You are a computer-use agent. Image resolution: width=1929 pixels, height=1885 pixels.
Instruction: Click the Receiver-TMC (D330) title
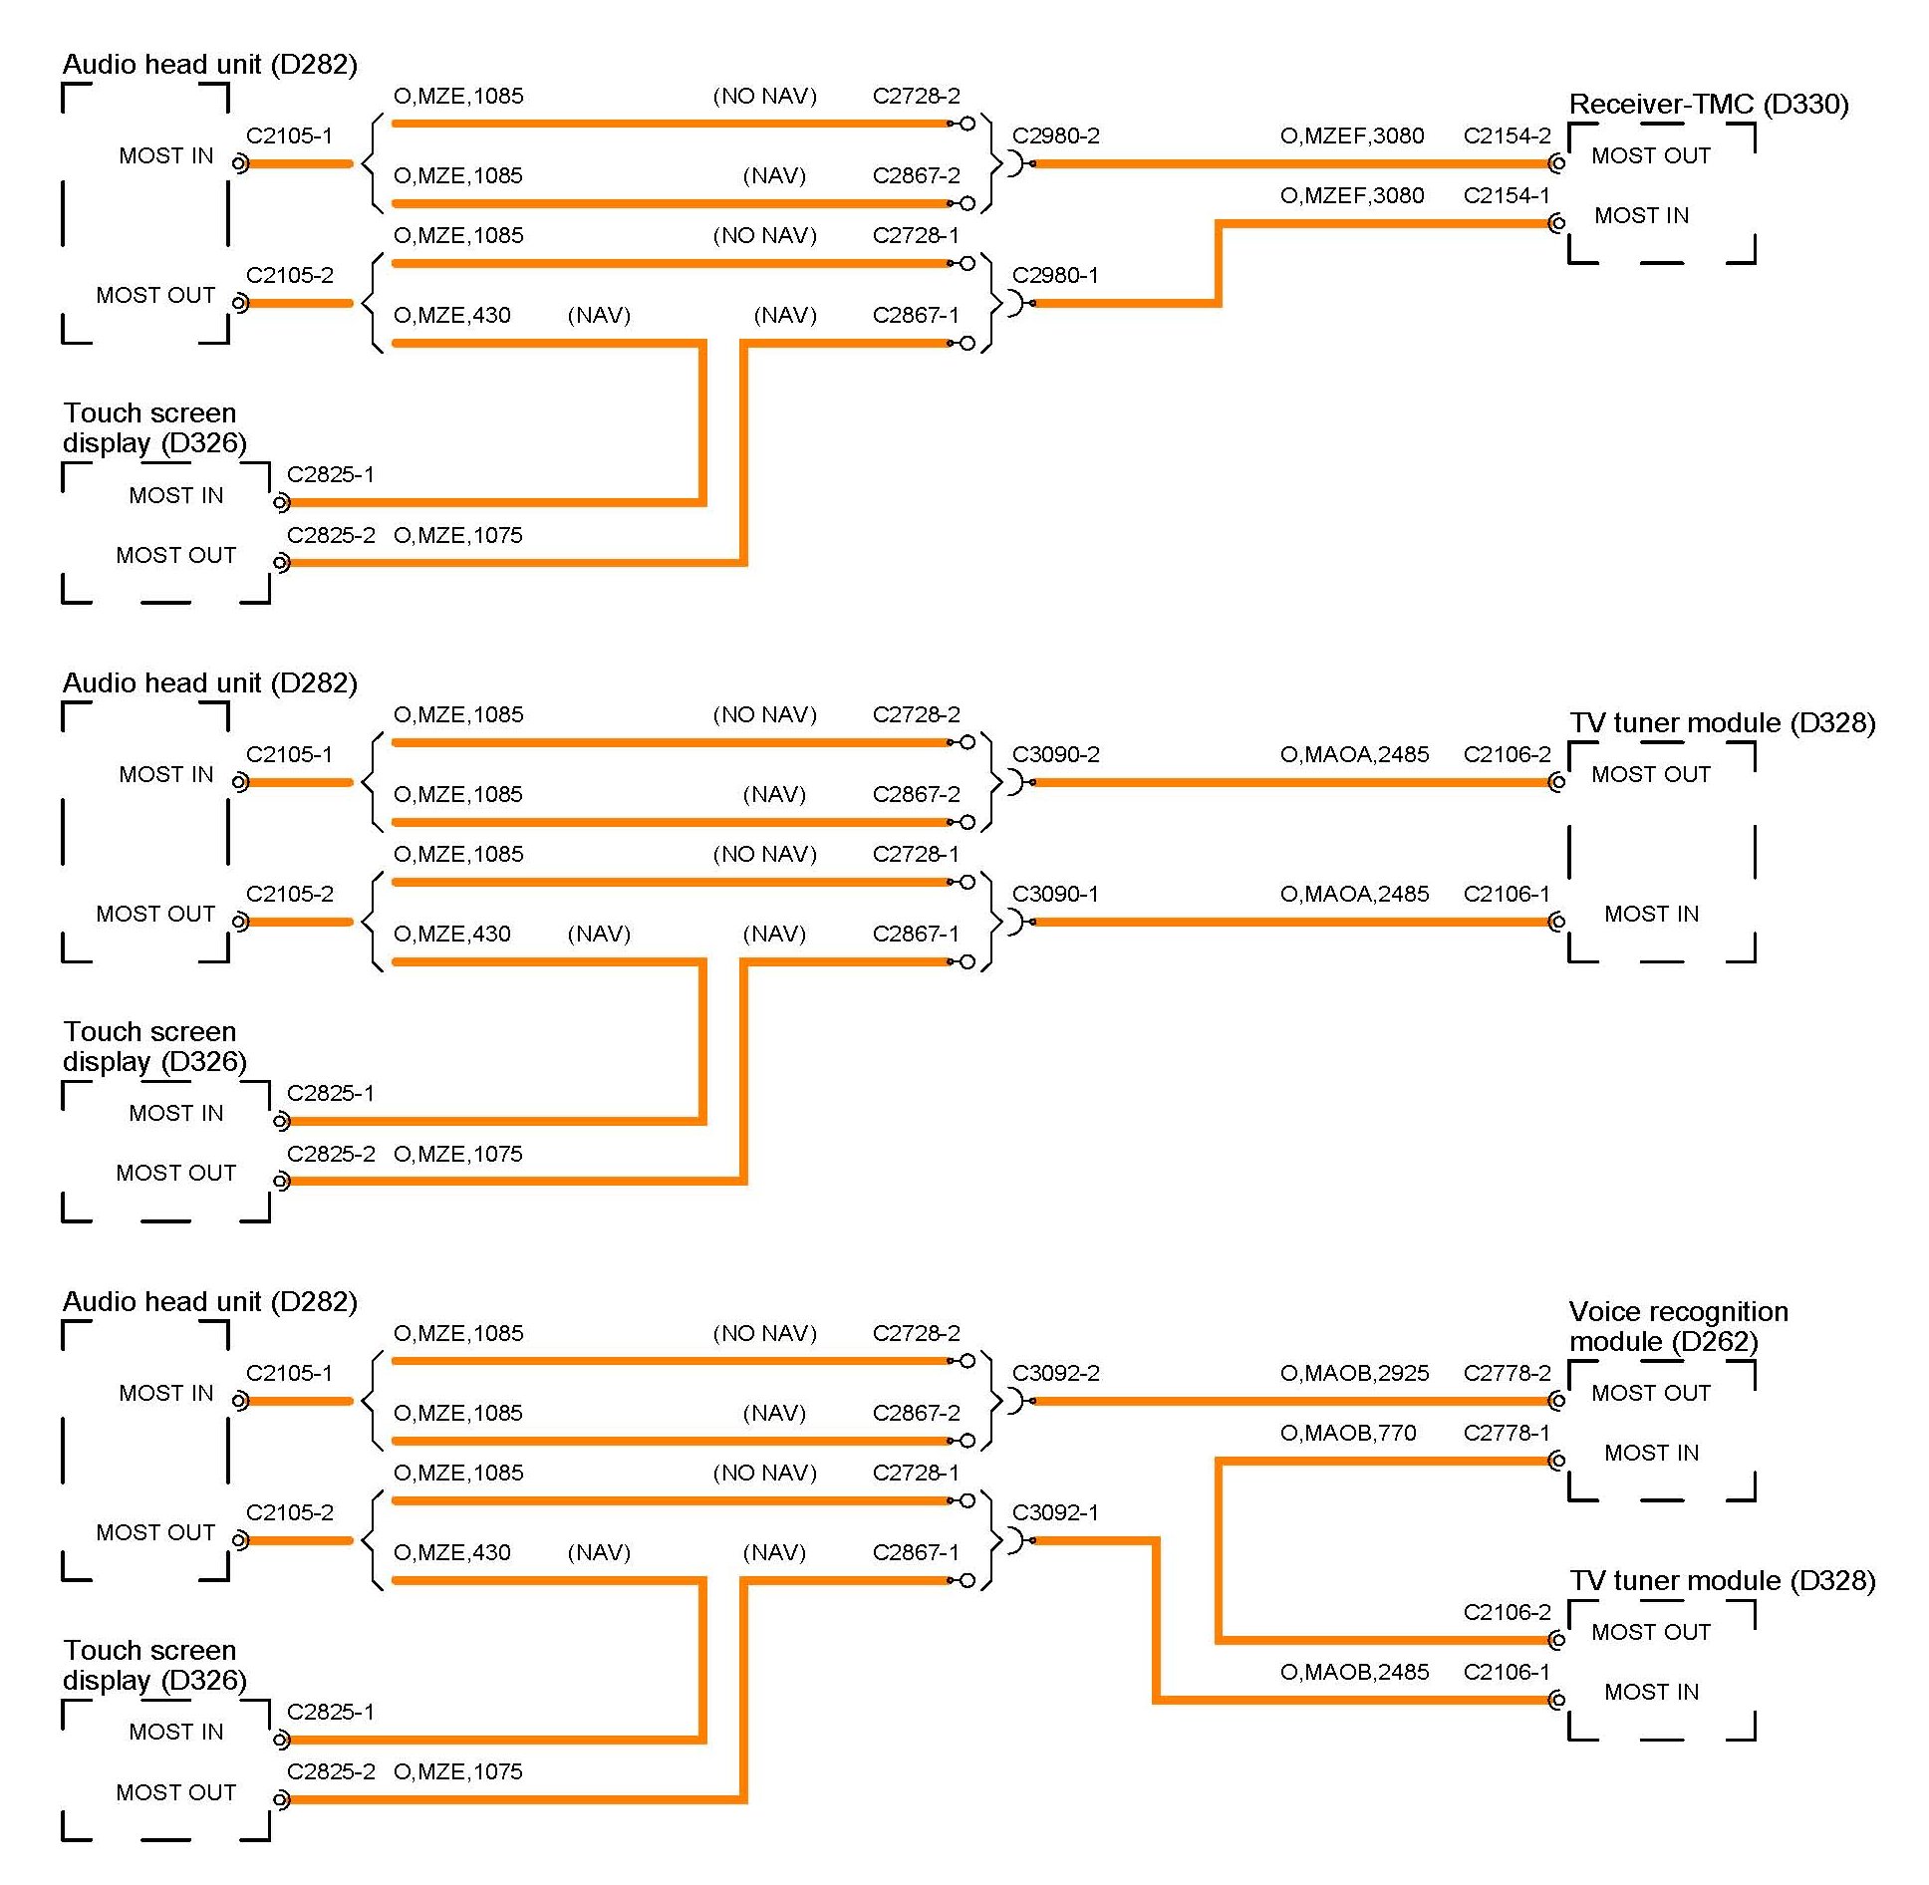(x=1708, y=105)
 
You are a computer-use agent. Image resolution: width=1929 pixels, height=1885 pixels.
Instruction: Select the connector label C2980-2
(x=1055, y=136)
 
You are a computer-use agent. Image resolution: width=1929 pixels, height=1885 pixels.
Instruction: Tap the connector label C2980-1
(x=1055, y=276)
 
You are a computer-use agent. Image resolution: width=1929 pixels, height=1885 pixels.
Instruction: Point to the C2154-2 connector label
(x=1507, y=136)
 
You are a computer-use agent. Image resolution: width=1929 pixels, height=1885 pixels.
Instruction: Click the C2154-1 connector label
(x=1507, y=196)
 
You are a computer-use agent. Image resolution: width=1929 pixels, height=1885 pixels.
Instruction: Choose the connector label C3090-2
(x=1055, y=755)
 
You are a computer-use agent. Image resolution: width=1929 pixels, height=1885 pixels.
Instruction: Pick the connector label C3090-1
(x=1055, y=895)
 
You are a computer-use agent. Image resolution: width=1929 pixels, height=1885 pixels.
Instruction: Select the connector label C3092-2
(x=1055, y=1374)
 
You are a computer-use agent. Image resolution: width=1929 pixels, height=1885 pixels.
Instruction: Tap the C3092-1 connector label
(x=1055, y=1513)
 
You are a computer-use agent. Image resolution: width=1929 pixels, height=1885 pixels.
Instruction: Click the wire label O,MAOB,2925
(x=1354, y=1374)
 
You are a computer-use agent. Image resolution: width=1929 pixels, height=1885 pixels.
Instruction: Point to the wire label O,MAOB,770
(x=1347, y=1434)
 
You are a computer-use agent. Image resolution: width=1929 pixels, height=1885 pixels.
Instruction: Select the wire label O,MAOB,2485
(x=1354, y=1673)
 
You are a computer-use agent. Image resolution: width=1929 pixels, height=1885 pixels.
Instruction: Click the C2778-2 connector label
(x=1507, y=1374)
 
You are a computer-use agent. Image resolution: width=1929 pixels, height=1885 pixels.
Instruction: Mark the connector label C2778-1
(x=1507, y=1434)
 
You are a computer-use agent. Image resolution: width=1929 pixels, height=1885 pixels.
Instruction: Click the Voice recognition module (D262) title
(x=1678, y=1327)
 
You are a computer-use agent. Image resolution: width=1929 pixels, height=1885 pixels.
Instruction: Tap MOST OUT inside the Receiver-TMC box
(x=1650, y=156)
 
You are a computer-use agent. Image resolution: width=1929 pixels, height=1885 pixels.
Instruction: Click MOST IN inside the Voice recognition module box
(x=1651, y=1454)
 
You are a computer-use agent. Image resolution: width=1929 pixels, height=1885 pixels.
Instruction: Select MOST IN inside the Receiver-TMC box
(x=1641, y=216)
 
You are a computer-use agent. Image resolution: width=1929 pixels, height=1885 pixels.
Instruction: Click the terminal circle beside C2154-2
(x=1557, y=163)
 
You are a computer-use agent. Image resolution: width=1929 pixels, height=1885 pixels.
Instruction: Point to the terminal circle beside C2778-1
(x=1557, y=1461)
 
